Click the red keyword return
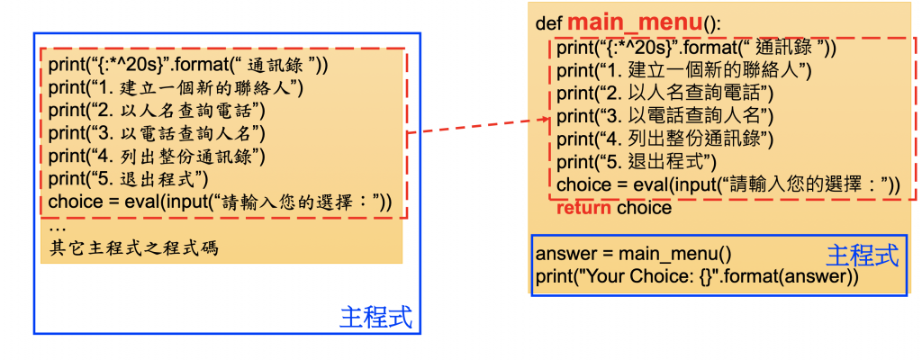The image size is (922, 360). (584, 208)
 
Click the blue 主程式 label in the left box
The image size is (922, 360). (376, 317)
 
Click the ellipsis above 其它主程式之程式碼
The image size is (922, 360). (55, 228)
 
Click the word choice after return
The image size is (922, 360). (644, 208)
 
